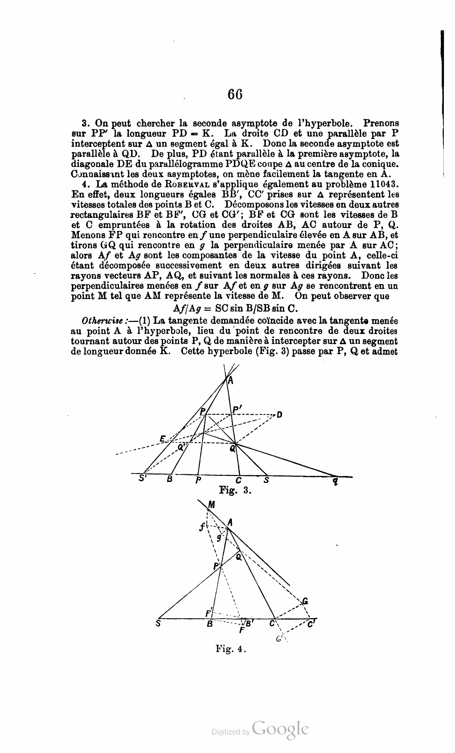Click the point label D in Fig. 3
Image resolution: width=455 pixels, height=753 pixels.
click(x=279, y=414)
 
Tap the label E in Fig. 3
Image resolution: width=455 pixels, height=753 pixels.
click(x=162, y=439)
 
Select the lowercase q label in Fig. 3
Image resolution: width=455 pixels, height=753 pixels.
click(x=335, y=481)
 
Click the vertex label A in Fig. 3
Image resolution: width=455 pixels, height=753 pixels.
click(x=231, y=381)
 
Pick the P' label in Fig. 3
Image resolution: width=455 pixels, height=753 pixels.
click(x=237, y=410)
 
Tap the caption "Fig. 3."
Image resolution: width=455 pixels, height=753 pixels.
click(x=236, y=490)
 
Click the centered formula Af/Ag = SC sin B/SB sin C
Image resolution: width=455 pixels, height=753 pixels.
click(x=235, y=308)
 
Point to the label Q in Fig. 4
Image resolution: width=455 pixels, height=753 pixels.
click(x=238, y=557)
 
